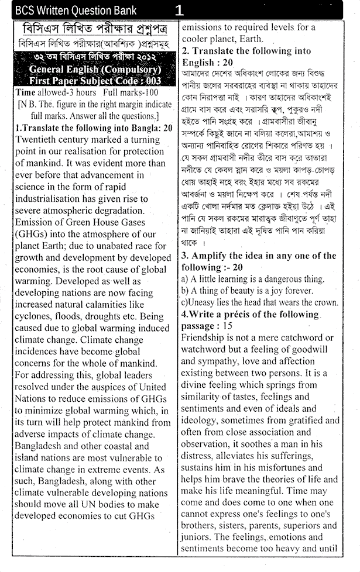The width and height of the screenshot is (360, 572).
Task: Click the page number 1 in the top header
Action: (179, 10)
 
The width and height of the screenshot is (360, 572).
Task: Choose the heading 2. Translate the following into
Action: (246, 51)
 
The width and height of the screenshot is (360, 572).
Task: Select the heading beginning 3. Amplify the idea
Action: (258, 256)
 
